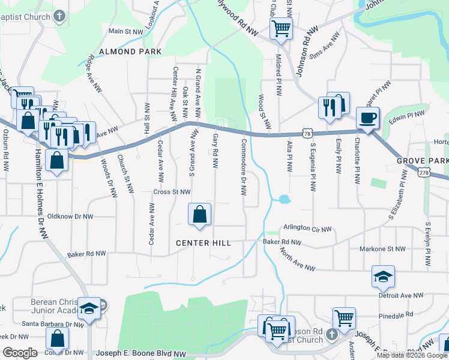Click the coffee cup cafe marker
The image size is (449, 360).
(367, 117)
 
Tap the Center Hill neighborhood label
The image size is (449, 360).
(203, 243)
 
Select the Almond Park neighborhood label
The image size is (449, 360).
(131, 52)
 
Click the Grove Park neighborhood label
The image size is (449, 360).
(422, 161)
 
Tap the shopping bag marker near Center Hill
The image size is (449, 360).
(199, 214)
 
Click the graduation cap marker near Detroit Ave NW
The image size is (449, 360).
(383, 276)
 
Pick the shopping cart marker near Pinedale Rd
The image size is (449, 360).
(343, 317)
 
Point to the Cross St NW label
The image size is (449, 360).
(172, 192)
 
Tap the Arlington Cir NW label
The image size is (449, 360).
(307, 229)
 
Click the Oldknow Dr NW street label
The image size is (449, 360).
(70, 216)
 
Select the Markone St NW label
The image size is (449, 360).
(382, 249)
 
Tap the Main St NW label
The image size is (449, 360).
(126, 31)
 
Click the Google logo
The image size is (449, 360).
(20, 353)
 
